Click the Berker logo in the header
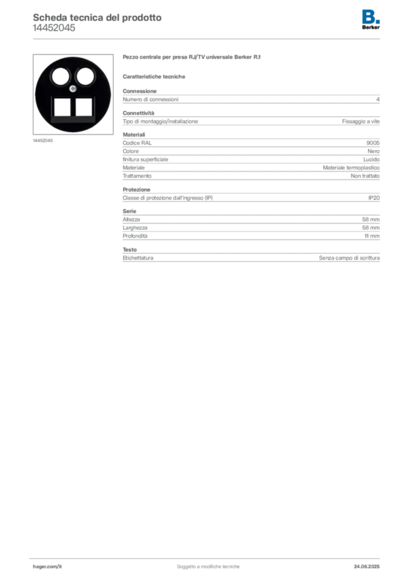tap(371, 20)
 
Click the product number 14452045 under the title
tap(54, 28)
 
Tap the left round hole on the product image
tap(60, 77)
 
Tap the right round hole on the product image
tap(85, 77)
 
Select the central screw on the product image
tap(73, 89)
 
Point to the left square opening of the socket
tap(62, 107)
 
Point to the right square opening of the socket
tap(84, 107)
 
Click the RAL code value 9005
tap(373, 143)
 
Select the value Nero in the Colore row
tap(373, 151)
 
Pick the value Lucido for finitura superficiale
tap(371, 160)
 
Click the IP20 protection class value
tap(374, 198)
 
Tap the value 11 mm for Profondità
tap(372, 236)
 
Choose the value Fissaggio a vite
tap(360, 121)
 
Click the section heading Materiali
tap(134, 134)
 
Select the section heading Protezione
tap(137, 190)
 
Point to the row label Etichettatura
tap(138, 258)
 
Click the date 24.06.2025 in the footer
tap(367, 567)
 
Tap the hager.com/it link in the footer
tap(47, 567)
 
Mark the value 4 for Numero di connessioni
tap(378, 99)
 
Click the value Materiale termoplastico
tap(351, 168)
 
